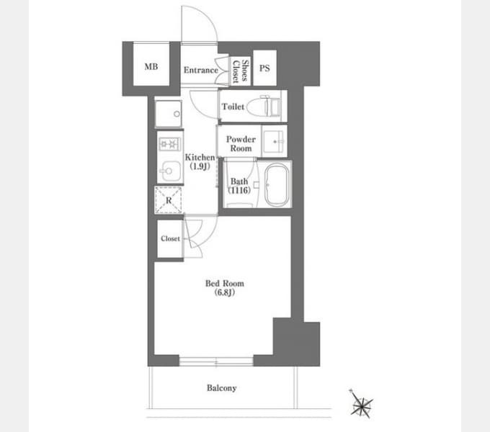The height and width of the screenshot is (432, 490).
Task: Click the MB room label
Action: tap(151, 66)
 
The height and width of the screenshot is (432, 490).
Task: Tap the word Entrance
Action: tap(200, 70)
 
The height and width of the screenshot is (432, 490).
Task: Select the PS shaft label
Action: tap(264, 68)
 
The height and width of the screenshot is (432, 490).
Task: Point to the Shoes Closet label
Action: tap(241, 71)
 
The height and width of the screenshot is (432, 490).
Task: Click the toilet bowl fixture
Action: tap(263, 106)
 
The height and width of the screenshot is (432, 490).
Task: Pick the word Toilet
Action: tap(233, 107)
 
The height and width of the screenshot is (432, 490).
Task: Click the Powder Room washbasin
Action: tap(274, 141)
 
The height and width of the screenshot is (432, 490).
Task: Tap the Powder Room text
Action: tap(241, 143)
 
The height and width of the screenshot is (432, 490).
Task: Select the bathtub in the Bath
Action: tap(277, 185)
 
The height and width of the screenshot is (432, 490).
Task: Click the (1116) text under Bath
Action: tap(239, 190)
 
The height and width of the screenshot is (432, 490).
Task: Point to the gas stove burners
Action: tap(169, 145)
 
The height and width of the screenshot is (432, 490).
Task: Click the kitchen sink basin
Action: tap(169, 171)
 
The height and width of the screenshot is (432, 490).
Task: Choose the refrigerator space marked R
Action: tap(169, 200)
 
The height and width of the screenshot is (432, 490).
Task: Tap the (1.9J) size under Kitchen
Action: tap(200, 166)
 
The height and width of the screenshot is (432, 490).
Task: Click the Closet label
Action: tap(170, 238)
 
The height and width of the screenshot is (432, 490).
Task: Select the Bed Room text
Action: tap(224, 284)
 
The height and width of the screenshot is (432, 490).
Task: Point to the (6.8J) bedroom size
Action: tap(225, 292)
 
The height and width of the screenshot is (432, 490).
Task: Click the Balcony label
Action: tap(221, 388)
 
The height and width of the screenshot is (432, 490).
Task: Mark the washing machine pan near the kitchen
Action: tap(169, 114)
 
